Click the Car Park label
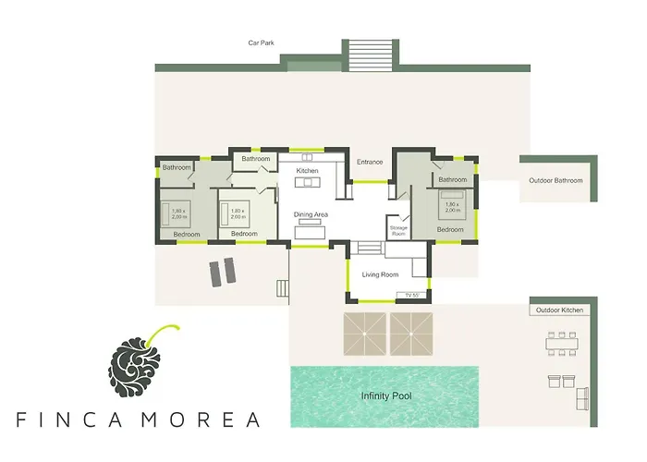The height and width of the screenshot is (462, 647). pos(261,43)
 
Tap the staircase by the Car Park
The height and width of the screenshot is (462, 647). pos(372,55)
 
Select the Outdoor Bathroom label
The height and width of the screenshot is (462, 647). pos(555,180)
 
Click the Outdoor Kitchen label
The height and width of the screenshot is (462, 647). pos(559,310)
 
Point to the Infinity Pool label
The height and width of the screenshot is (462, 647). pos(386,396)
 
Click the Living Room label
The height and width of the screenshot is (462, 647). pos(379,274)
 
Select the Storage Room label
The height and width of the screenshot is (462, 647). pos(398,230)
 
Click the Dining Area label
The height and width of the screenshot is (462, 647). pos(311,214)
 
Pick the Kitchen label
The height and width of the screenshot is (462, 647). pos(307,172)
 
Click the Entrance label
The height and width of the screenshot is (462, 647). pos(370,162)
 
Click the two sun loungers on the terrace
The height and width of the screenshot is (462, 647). pos(223,273)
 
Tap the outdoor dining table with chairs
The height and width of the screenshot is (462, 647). pos(562,344)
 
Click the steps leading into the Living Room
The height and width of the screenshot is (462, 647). pos(370,247)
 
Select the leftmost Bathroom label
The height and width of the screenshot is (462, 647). pos(177,167)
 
